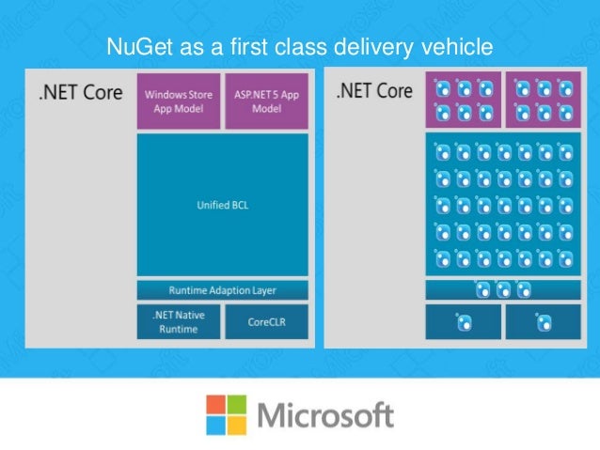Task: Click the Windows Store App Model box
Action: tap(179, 101)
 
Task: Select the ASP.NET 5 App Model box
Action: tap(266, 101)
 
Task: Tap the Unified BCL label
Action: tap(223, 204)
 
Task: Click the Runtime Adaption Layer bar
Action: tap(223, 290)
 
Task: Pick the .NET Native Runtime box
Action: tap(179, 321)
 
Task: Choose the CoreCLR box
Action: tap(266, 321)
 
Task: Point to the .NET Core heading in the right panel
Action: tap(375, 91)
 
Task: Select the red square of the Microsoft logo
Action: tap(215, 404)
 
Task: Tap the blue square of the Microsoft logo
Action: tap(215, 424)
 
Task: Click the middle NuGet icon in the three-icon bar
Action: tap(504, 290)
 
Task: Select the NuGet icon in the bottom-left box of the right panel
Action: tap(464, 321)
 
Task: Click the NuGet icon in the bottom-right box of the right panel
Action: tap(544, 321)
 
